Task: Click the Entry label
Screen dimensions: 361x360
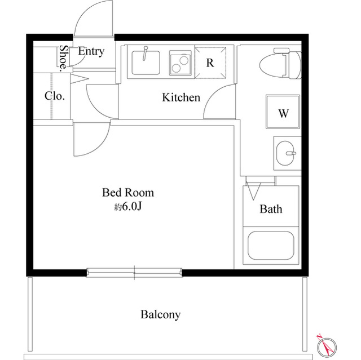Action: click(91, 51)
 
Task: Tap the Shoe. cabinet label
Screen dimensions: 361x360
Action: click(64, 57)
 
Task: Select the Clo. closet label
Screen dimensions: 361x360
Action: click(55, 96)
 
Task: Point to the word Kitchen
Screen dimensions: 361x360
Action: click(181, 97)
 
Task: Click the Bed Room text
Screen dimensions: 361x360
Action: click(128, 193)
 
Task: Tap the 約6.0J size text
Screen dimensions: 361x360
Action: click(128, 207)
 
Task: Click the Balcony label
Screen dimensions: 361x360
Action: click(160, 314)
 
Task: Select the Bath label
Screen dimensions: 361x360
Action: click(271, 209)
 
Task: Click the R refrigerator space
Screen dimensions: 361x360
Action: click(210, 63)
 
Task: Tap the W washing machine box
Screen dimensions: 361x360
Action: click(283, 112)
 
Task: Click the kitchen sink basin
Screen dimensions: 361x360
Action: click(146, 63)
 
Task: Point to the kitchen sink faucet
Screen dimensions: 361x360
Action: click(145, 54)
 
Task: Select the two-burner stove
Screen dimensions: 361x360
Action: click(180, 63)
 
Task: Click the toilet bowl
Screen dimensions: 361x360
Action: click(280, 64)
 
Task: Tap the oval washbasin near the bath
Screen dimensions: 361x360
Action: click(285, 153)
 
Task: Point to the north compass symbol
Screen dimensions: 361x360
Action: click(326, 346)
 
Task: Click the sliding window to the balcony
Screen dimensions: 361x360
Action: click(134, 273)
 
